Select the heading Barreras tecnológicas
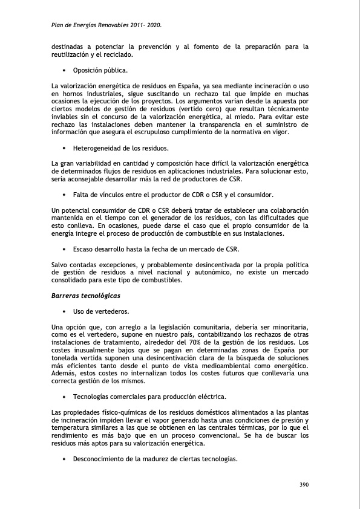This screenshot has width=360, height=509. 86,296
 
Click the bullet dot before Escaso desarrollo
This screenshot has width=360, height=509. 64,249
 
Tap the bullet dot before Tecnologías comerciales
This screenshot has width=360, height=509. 64,397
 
